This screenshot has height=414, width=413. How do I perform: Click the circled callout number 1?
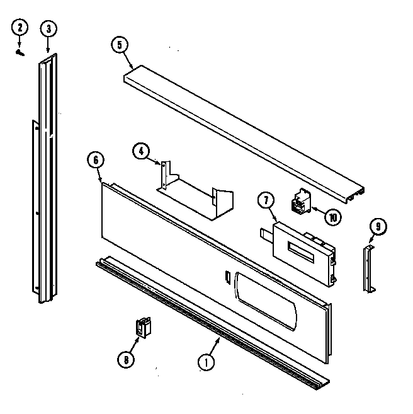pyautogui.click(x=205, y=362)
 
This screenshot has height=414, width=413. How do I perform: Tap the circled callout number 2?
pyautogui.click(x=20, y=28)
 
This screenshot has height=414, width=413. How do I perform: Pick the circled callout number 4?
pyautogui.click(x=141, y=151)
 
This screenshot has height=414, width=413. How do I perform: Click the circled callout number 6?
pyautogui.click(x=94, y=160)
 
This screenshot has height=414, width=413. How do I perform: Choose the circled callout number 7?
pyautogui.click(x=266, y=201)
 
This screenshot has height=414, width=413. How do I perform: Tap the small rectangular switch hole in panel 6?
pyautogui.click(x=225, y=276)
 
